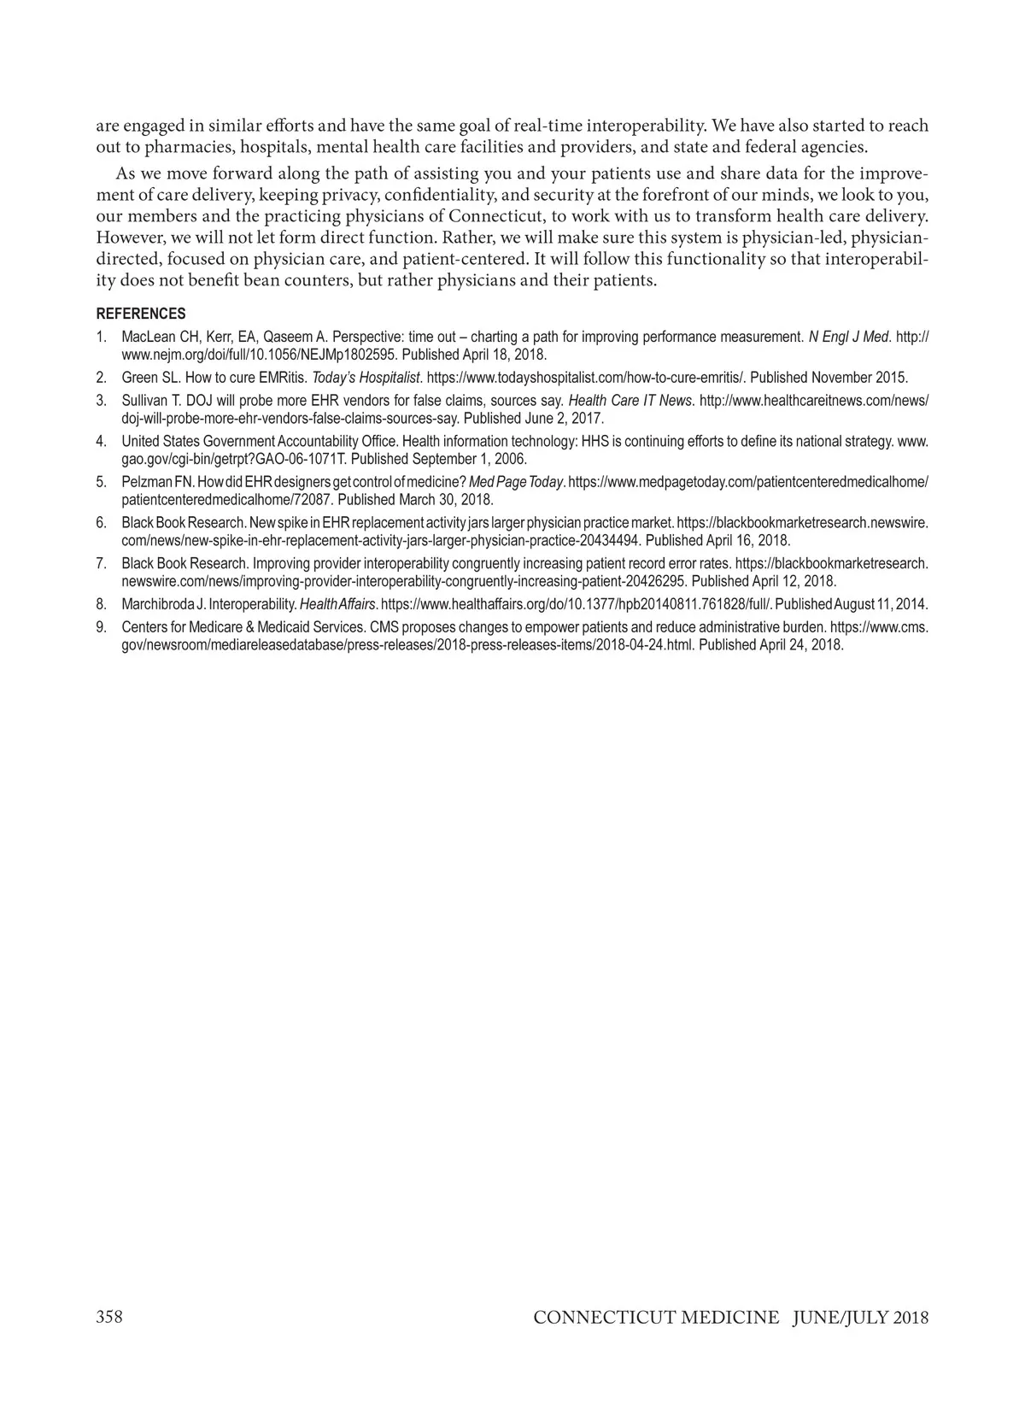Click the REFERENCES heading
tap(140, 314)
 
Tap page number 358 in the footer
tap(109, 1317)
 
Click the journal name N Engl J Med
tap(850, 337)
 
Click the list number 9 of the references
tap(101, 626)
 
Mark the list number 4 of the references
tap(101, 441)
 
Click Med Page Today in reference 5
tap(517, 482)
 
